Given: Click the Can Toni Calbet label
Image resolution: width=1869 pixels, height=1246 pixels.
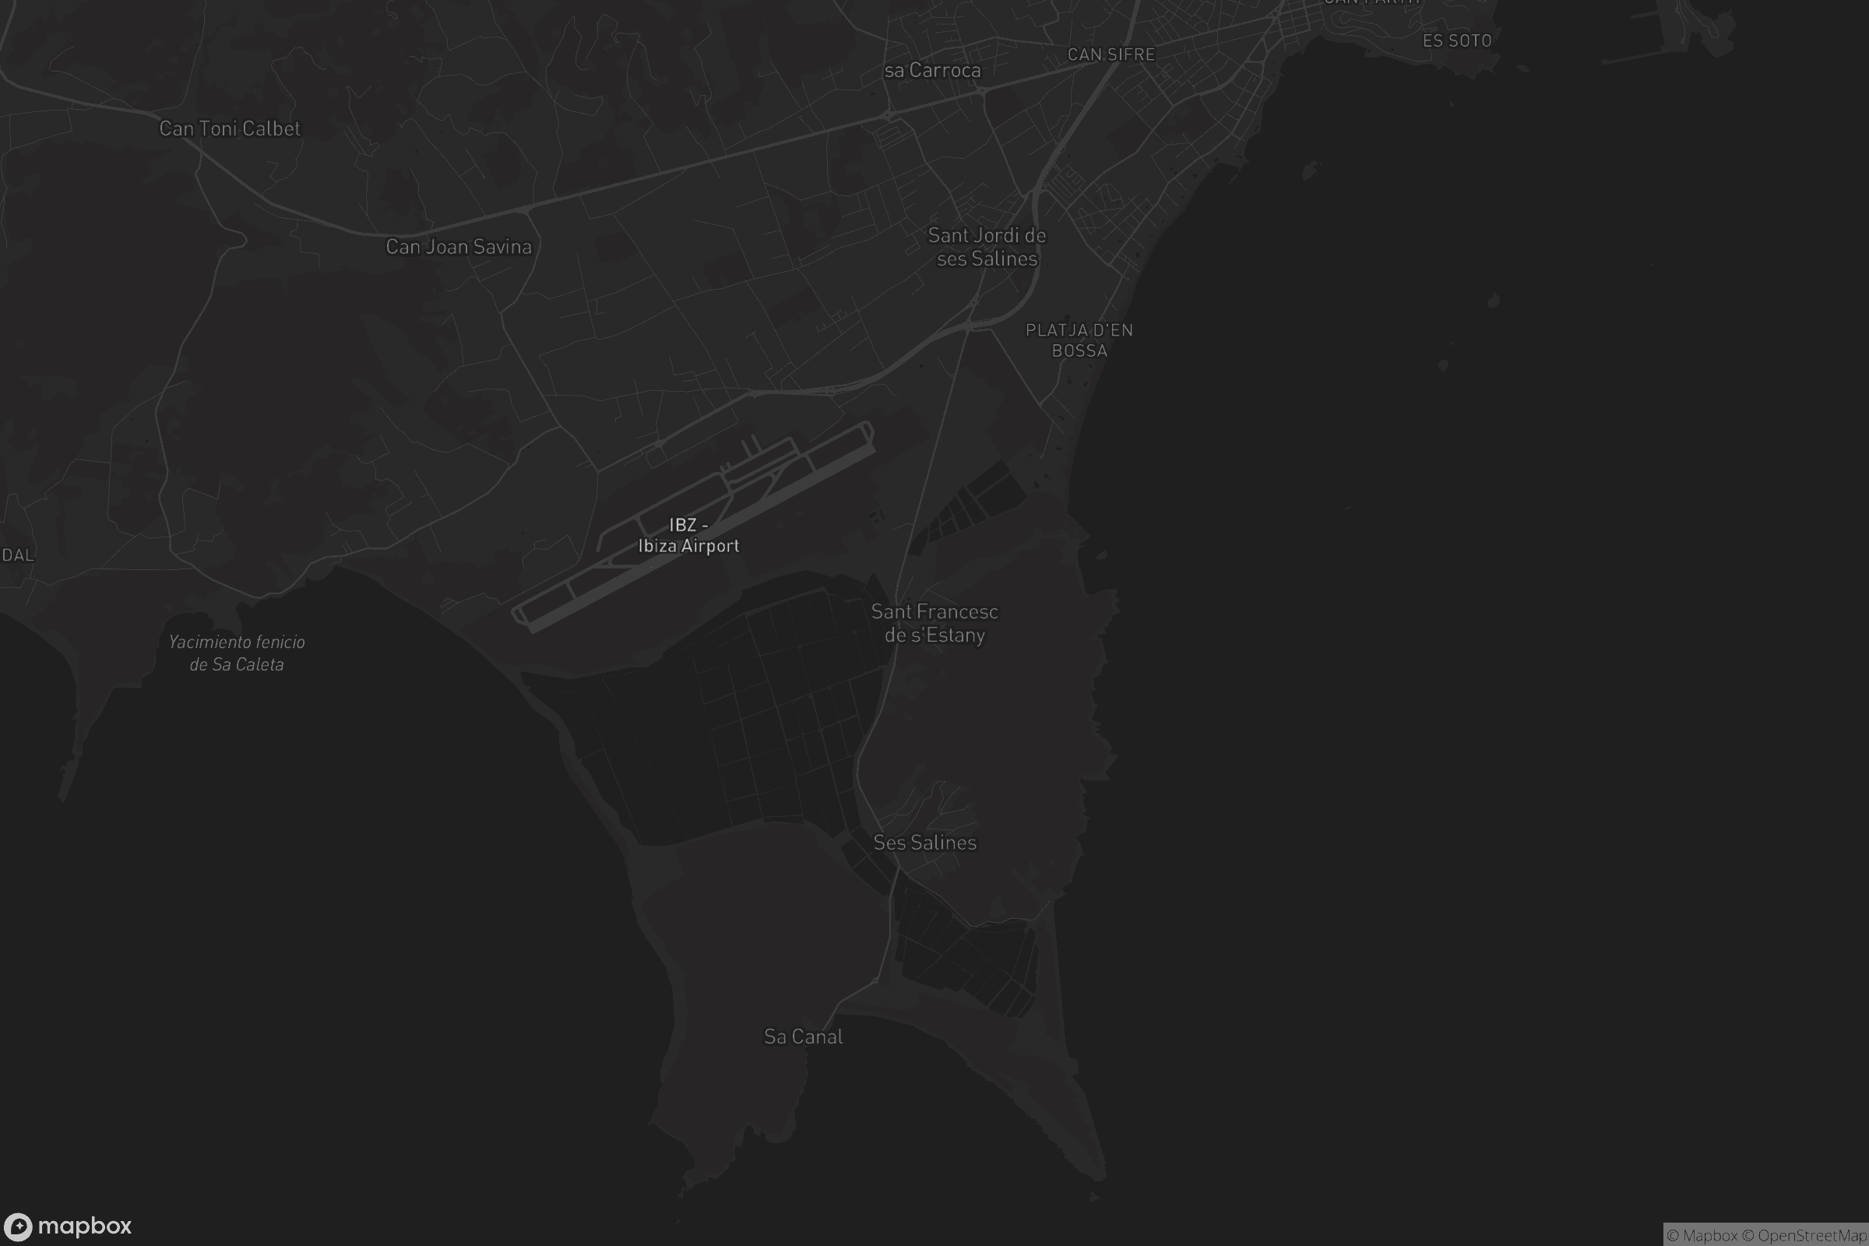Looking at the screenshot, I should pyautogui.click(x=230, y=128).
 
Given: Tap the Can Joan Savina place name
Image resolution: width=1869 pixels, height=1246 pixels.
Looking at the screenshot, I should pyautogui.click(x=459, y=247).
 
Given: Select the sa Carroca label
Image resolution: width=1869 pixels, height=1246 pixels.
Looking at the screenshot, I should pyautogui.click(x=932, y=71).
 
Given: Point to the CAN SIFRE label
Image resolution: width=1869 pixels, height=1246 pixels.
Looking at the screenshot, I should pyautogui.click(x=1110, y=55).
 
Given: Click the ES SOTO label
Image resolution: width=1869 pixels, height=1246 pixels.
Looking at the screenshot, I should pyautogui.click(x=1456, y=40).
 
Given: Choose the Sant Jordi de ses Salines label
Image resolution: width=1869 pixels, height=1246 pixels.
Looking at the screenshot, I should pyautogui.click(x=987, y=247).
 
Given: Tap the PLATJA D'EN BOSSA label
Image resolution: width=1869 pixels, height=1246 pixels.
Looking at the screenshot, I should pyautogui.click(x=1079, y=340).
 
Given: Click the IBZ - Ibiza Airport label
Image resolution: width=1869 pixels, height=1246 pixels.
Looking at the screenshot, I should pyautogui.click(x=688, y=536).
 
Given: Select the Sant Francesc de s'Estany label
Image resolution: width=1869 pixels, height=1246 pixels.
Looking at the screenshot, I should pyautogui.click(x=935, y=623).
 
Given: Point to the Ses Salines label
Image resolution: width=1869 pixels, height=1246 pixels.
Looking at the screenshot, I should pyautogui.click(x=924, y=843).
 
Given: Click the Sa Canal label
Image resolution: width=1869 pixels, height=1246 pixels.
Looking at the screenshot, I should pyautogui.click(x=803, y=1037).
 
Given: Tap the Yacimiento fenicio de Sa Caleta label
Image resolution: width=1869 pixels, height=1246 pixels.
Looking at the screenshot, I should pyautogui.click(x=237, y=653).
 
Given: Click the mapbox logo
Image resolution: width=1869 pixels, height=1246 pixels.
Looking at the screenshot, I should pyautogui.click(x=68, y=1226).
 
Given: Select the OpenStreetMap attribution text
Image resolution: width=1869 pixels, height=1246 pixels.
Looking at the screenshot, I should pyautogui.click(x=1812, y=1236).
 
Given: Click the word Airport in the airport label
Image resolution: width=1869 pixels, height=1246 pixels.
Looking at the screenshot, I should pyautogui.click(x=709, y=546).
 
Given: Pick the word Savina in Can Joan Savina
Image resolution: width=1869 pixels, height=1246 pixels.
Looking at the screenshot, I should pyautogui.click(x=500, y=247).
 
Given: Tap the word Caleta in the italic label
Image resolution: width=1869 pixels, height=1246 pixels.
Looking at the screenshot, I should pyautogui.click(x=259, y=664).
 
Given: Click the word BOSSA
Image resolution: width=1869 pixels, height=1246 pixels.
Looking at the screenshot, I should pyautogui.click(x=1079, y=350).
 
